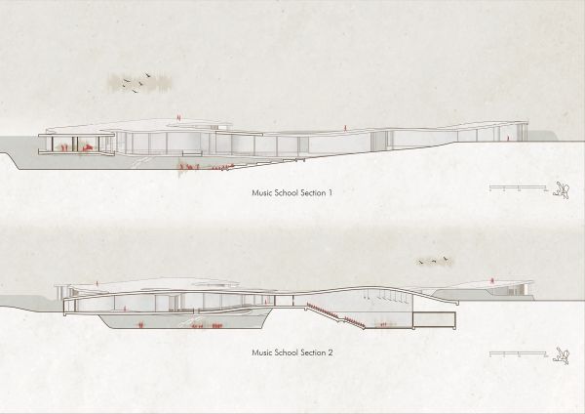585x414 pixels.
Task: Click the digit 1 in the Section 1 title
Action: tap(330, 192)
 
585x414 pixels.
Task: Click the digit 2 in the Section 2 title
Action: tap(330, 352)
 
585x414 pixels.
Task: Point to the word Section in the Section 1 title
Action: tap(313, 192)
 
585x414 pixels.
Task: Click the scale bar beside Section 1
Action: tap(519, 186)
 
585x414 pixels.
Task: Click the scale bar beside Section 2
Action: tap(519, 352)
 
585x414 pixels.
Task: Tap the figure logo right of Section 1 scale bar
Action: tap(562, 189)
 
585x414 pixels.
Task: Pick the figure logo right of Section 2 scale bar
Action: tap(562, 355)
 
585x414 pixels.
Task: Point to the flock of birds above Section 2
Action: tap(434, 261)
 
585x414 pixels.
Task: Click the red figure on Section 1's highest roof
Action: tap(179, 117)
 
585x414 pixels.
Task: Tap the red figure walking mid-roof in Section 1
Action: tap(346, 128)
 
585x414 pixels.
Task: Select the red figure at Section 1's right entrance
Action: tap(507, 138)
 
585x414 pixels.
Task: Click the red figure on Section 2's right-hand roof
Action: tap(492, 280)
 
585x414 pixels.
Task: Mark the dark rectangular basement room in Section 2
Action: tap(434, 319)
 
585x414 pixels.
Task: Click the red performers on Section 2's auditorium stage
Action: tap(385, 324)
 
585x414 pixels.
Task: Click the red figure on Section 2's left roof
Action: tap(97, 284)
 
